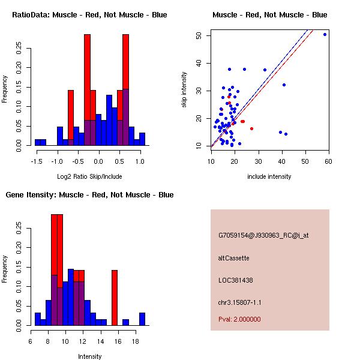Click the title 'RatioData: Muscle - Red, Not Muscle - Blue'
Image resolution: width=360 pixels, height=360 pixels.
tap(89, 14)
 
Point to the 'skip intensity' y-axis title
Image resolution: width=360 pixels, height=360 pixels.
tap(185, 90)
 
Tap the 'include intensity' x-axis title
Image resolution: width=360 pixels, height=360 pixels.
tap(269, 176)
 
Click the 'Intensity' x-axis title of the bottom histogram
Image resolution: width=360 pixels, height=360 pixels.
tap(89, 356)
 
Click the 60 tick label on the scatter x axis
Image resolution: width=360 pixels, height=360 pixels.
tap(328, 161)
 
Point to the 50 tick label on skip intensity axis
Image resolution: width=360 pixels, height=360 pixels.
tap(199, 35)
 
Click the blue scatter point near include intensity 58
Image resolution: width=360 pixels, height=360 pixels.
tap(325, 35)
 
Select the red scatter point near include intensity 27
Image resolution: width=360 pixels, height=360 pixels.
tap(251, 128)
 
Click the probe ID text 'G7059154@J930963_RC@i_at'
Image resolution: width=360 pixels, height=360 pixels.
tap(263, 236)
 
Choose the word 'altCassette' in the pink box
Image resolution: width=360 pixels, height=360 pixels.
tap(233, 258)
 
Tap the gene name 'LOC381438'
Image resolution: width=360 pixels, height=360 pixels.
tap(235, 280)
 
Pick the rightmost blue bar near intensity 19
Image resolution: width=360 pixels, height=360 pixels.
tap(142, 319)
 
